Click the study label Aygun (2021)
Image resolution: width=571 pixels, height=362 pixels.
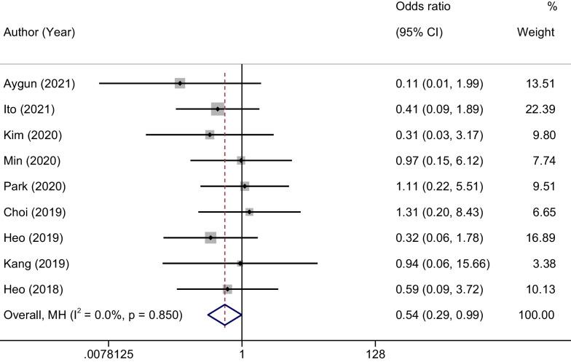39,84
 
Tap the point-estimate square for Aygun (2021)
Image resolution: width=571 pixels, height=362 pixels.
180,83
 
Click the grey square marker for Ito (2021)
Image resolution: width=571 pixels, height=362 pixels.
217,109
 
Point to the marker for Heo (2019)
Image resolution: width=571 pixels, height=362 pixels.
210,237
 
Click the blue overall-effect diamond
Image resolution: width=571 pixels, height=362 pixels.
224,315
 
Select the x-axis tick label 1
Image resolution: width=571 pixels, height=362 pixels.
242,354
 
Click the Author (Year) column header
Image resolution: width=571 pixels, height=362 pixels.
39,33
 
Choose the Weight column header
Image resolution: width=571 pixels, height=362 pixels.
535,33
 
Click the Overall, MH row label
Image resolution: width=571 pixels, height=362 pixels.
93,315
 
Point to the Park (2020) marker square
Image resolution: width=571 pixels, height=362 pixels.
245,186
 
